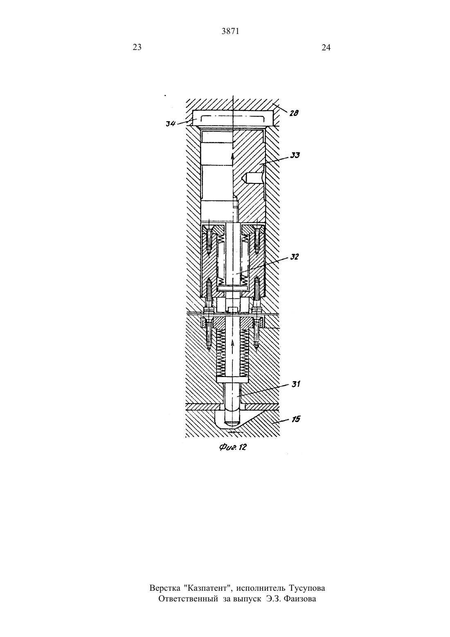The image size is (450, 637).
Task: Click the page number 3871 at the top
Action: pos(230,32)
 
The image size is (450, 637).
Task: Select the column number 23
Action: pos(137,47)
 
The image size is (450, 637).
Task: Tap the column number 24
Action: pos(326,47)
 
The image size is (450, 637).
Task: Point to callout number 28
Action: pos(294,113)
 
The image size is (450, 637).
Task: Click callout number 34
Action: pos(171,123)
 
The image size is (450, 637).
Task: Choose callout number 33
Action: pos(295,155)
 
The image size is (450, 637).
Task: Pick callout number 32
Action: pos(294,257)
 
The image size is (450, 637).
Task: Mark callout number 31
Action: pos(296,384)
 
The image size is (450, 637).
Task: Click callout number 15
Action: pos(296,419)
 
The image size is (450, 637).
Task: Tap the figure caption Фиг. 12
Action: pos(233,447)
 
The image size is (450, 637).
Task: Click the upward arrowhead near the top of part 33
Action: pos(233,156)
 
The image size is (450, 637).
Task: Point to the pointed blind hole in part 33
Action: pos(252,178)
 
